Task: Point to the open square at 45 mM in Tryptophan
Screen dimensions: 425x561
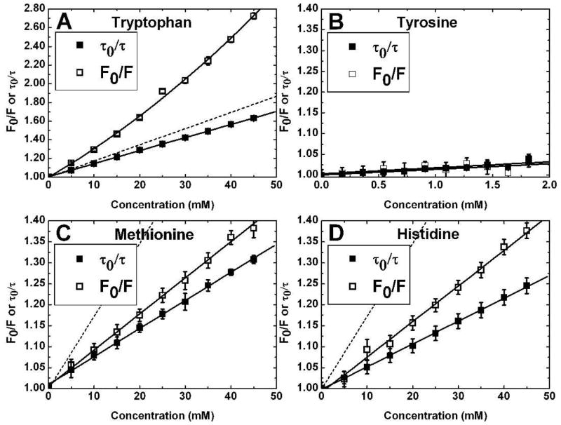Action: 253,16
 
